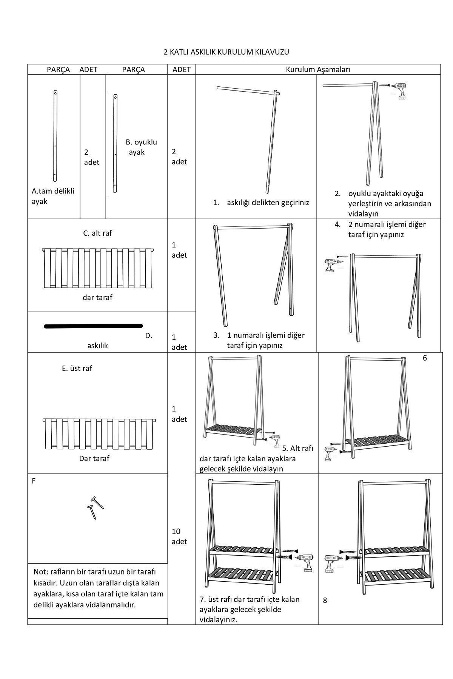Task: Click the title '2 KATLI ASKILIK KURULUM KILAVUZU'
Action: pyautogui.click(x=226, y=52)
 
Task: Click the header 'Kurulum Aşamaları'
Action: pyautogui.click(x=318, y=70)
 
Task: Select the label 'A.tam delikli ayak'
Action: pyautogui.click(x=52, y=196)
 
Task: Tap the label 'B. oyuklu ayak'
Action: pyautogui.click(x=141, y=147)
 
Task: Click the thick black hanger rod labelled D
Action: pyautogui.click(x=93, y=326)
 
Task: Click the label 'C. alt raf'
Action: pyautogui.click(x=97, y=233)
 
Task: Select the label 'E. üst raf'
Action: pyautogui.click(x=77, y=368)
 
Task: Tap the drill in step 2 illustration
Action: pyautogui.click(x=400, y=91)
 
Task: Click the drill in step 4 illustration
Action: pyautogui.click(x=331, y=264)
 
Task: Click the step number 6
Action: pyautogui.click(x=425, y=358)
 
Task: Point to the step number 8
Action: pyautogui.click(x=325, y=601)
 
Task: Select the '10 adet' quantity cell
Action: pyautogui.click(x=179, y=536)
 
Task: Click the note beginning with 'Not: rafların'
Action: pyautogui.click(x=98, y=588)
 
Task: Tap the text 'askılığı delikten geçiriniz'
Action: pyautogui.click(x=268, y=203)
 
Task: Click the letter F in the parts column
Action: pyautogui.click(x=34, y=481)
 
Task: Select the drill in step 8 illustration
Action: pyautogui.click(x=331, y=562)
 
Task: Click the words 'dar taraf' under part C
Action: pyautogui.click(x=97, y=297)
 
